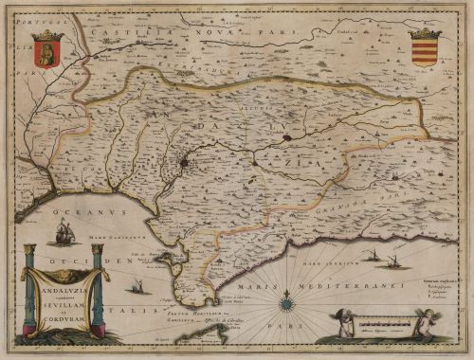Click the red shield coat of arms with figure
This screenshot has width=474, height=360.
[x=46, y=49]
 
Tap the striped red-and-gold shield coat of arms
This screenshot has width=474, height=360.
[x=424, y=52]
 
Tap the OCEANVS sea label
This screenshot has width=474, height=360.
[x=77, y=201]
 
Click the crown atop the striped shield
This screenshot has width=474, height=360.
[x=424, y=33]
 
